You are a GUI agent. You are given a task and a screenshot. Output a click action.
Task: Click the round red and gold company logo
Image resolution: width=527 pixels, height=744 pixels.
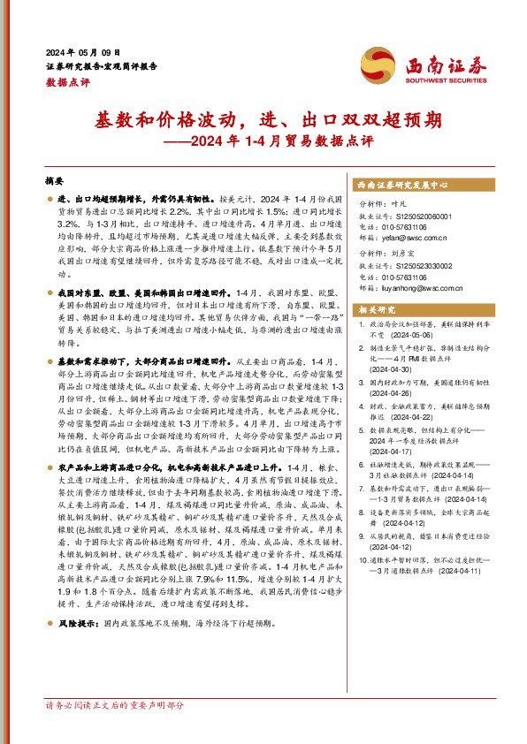[377, 65]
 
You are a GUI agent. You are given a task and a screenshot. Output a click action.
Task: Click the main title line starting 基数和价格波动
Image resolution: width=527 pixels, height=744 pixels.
[263, 119]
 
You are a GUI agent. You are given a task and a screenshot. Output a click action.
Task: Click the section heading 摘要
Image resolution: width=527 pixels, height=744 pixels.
[56, 180]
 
